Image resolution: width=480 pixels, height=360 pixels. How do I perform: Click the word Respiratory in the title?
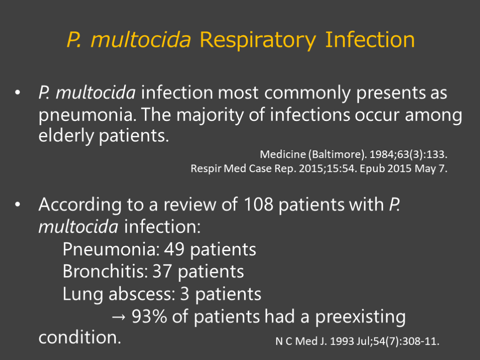click(x=257, y=40)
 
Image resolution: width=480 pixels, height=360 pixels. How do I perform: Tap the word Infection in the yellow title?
click(x=370, y=40)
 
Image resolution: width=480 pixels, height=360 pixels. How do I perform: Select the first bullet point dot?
click(x=17, y=92)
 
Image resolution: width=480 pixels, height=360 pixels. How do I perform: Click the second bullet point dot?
click(x=17, y=204)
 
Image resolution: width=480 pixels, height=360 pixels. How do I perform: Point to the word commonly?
click(x=307, y=93)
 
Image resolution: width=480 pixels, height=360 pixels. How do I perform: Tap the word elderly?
click(x=66, y=135)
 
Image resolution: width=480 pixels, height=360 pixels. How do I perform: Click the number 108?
click(x=258, y=204)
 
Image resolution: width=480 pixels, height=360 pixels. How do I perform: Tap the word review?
click(x=190, y=204)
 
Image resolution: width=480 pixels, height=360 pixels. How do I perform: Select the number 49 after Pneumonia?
click(x=174, y=249)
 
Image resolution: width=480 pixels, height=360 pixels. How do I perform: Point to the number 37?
click(x=163, y=272)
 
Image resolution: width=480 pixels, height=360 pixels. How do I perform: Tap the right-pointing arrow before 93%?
click(x=119, y=317)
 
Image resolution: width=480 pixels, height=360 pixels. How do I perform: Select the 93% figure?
click(x=150, y=316)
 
